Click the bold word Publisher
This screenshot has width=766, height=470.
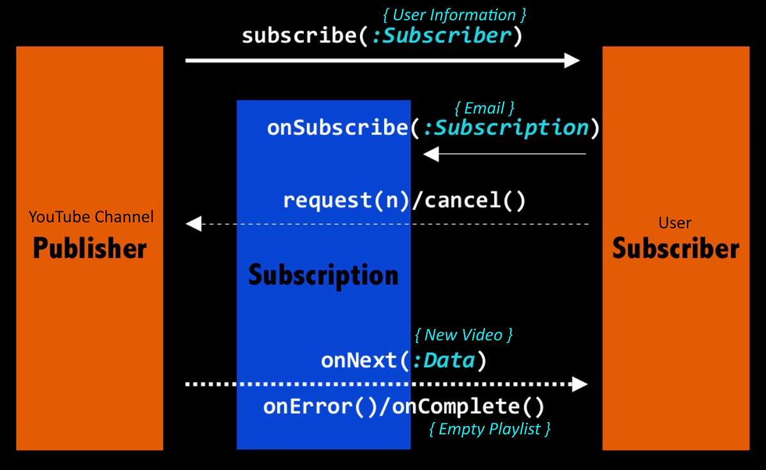[x=90, y=248]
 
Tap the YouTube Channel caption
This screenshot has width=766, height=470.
[x=91, y=217]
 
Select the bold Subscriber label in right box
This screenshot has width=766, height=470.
[x=675, y=248]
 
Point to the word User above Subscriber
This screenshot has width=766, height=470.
[x=675, y=223]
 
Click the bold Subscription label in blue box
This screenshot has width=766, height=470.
[x=323, y=275]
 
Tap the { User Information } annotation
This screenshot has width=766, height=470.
[x=454, y=15]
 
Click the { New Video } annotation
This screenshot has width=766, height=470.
[x=463, y=334]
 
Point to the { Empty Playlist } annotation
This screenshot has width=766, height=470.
[x=490, y=429]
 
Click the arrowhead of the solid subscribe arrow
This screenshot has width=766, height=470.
[x=572, y=61]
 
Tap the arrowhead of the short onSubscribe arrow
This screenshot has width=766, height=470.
[x=432, y=154]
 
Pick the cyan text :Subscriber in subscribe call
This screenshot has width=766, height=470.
[x=442, y=36]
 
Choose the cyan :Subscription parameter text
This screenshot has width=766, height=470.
[x=506, y=128]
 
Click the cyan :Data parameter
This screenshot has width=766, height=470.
[x=443, y=361]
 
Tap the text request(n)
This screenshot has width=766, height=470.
[x=345, y=201]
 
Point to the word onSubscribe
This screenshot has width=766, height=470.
[x=336, y=128]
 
